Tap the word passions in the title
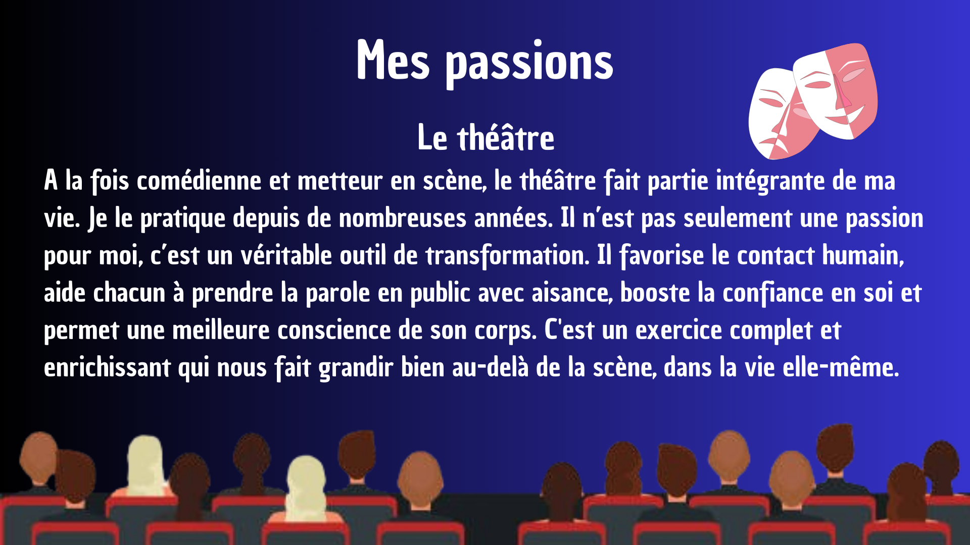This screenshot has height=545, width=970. coord(529,64)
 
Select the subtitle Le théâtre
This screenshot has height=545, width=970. coord(486,137)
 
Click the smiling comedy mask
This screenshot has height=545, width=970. coord(836,91)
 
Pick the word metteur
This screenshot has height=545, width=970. coord(340,181)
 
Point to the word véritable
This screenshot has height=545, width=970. coord(286,255)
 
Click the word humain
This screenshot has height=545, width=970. coord(863,255)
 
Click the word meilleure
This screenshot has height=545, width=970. coord(221,330)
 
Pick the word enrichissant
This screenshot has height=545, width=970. coord(107,367)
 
